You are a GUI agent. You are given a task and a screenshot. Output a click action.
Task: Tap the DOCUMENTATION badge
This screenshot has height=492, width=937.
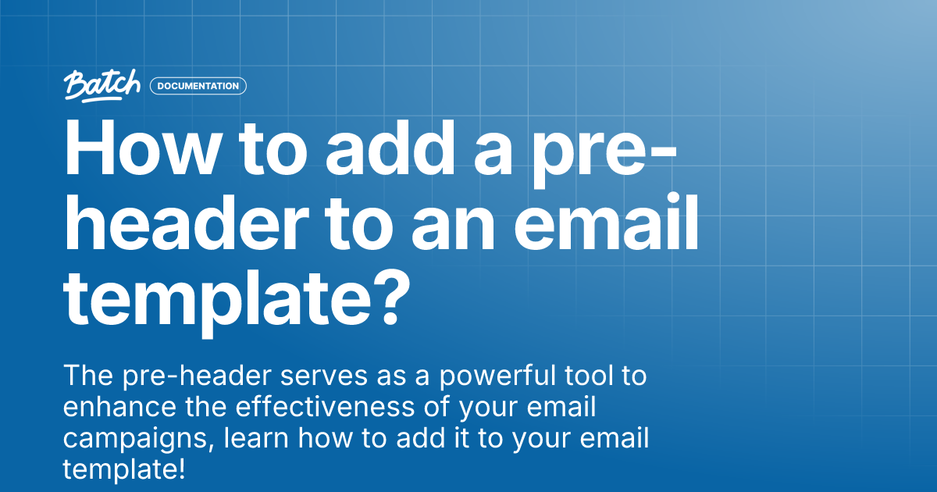point(198,86)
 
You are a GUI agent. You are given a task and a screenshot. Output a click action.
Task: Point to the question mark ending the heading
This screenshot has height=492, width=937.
point(387,300)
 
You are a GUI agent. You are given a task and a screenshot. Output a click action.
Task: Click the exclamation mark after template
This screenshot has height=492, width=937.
point(181,470)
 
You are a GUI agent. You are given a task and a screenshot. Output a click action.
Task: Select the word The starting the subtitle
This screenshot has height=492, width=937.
point(87,377)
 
